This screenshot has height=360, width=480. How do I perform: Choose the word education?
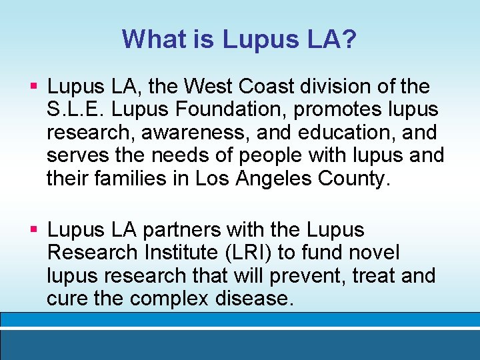coord(343,133)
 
